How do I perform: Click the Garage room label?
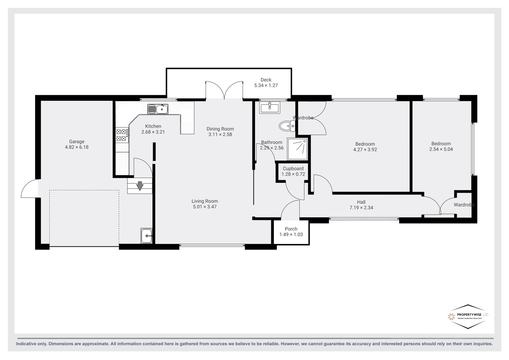[77, 142]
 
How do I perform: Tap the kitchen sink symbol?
[158, 109]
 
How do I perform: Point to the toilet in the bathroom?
[287, 126]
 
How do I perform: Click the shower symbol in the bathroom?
[297, 149]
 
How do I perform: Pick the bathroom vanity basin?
[269, 107]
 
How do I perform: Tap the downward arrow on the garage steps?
[140, 186]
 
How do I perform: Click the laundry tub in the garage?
[146, 236]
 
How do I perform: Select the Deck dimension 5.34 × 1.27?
[266, 86]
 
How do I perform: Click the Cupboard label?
[293, 169]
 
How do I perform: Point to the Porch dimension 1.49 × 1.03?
[291, 234]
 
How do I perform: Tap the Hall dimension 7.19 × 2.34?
[361, 208]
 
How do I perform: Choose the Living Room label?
[205, 201]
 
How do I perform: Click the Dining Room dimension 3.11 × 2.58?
[220, 135]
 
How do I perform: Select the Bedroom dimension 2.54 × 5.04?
[441, 149]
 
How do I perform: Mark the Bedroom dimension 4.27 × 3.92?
[365, 150]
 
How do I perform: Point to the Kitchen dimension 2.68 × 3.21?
[153, 132]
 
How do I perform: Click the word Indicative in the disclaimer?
[26, 344]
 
